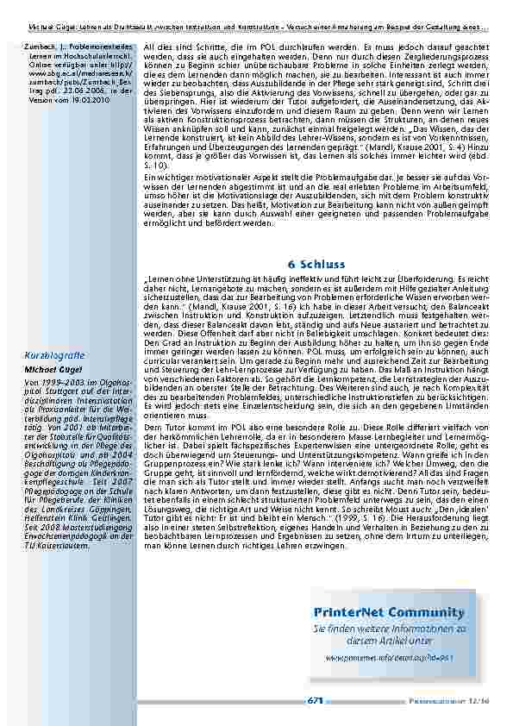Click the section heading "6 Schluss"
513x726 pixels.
(x=317, y=265)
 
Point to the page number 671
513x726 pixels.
(x=315, y=700)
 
